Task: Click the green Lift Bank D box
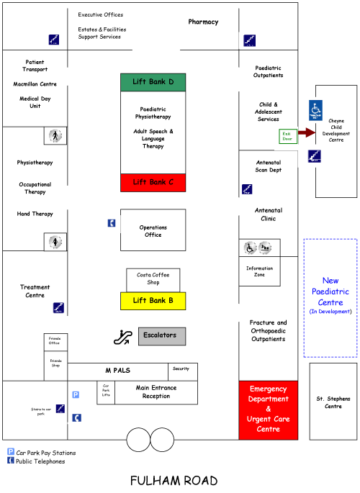(x=153, y=82)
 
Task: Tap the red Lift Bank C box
(x=153, y=182)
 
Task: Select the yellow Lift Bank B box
(x=153, y=301)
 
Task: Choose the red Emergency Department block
(x=267, y=410)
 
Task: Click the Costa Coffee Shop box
(x=153, y=279)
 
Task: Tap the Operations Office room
(x=153, y=230)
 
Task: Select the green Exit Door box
(x=287, y=136)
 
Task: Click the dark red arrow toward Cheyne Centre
(x=307, y=132)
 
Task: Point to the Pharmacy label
(x=203, y=22)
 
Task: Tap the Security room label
(x=181, y=368)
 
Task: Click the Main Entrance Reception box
(x=156, y=392)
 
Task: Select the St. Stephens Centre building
(x=333, y=402)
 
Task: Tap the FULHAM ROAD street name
(x=174, y=480)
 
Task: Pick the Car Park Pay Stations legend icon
(x=11, y=452)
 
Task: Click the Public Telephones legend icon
(x=11, y=461)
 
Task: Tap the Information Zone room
(x=260, y=271)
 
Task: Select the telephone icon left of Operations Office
(x=111, y=223)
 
